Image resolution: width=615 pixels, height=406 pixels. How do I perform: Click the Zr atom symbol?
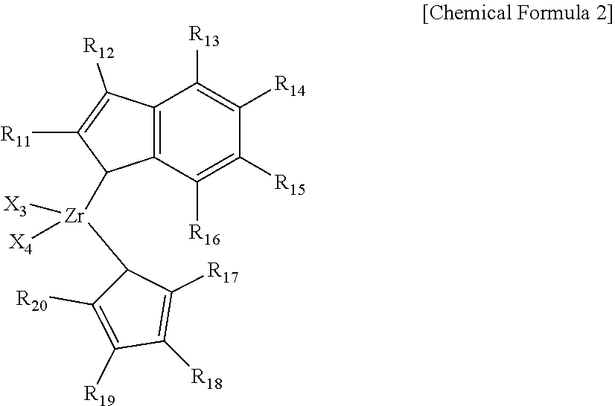(x=74, y=216)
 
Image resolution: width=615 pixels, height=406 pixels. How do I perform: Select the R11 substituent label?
(x=16, y=136)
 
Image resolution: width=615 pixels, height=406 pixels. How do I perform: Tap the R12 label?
(x=98, y=48)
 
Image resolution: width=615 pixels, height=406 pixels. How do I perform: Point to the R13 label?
(x=204, y=36)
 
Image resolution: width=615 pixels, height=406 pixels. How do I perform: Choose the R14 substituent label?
(x=290, y=86)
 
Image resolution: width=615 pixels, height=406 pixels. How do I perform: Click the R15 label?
(x=290, y=184)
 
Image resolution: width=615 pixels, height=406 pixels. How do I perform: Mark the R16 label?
(x=204, y=235)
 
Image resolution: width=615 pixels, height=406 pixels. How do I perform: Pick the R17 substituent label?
(x=223, y=273)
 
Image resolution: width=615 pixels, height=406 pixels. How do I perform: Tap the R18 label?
(x=207, y=379)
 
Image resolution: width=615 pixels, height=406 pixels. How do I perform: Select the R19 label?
(x=100, y=395)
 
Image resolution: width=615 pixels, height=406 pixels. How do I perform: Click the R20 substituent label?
(x=31, y=301)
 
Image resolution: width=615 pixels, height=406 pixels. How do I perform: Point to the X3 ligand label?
(x=16, y=206)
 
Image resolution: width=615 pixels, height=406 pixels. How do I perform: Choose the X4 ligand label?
(x=20, y=244)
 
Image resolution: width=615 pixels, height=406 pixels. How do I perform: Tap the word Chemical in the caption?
(x=471, y=13)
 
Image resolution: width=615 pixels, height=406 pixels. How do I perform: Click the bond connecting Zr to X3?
(x=45, y=209)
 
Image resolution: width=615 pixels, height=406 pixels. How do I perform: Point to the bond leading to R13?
(x=197, y=67)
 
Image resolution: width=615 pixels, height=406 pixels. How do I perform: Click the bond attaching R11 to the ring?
(x=54, y=132)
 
